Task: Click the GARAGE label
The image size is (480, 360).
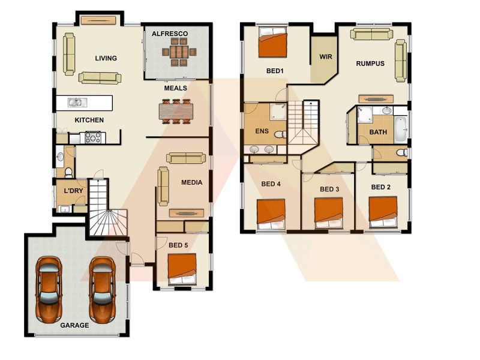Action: coord(74,325)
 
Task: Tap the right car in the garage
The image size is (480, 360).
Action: coord(101,289)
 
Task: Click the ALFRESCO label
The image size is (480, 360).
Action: coord(170,34)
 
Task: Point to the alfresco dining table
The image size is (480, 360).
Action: coord(178,52)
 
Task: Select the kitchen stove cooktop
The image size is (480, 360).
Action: coord(94,137)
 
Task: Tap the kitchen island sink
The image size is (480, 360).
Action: coord(76,103)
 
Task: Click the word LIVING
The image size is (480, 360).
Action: coord(106,58)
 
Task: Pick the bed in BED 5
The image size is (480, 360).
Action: coord(182,268)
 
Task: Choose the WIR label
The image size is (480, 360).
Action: coord(326,58)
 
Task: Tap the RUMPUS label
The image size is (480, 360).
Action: coord(370,63)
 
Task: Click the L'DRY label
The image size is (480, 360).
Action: coord(73,191)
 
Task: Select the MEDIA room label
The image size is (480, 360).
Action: coord(192,182)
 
